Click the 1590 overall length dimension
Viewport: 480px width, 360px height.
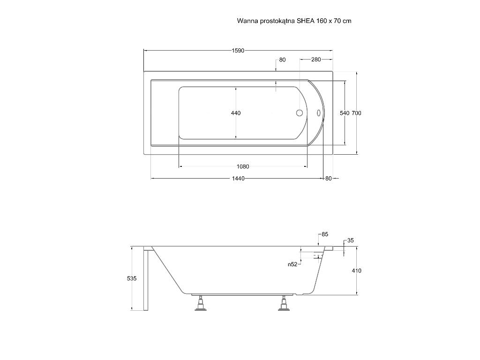pos(238,51)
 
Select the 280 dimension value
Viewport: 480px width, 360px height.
pos(316,60)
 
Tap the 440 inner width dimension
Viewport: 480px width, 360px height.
pos(236,113)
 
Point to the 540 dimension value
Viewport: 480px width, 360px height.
pos(345,113)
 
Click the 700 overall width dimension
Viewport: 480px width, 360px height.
pos(356,113)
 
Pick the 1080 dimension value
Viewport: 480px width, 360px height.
pos(243,166)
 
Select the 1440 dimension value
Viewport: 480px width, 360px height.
pos(238,179)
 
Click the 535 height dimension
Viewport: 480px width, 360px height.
pos(132,278)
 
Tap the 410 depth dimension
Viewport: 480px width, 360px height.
pos(357,270)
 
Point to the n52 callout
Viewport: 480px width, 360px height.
pos(292,264)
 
